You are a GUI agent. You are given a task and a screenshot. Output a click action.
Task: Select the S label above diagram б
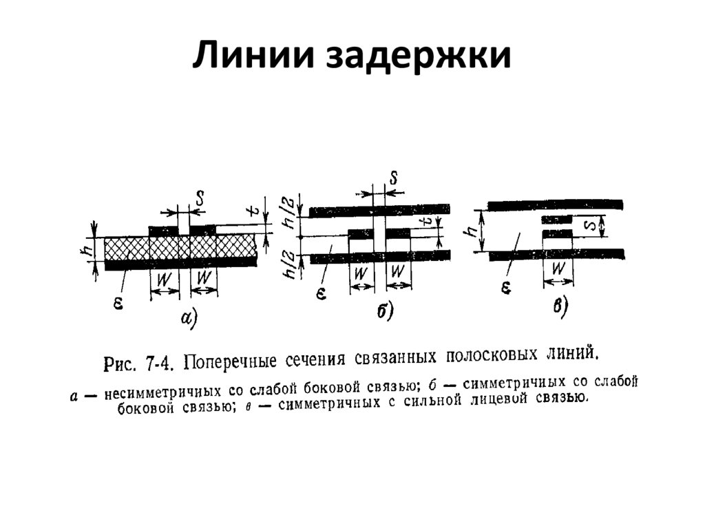click(393, 178)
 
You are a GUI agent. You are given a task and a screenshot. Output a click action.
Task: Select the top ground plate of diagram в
click(554, 204)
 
